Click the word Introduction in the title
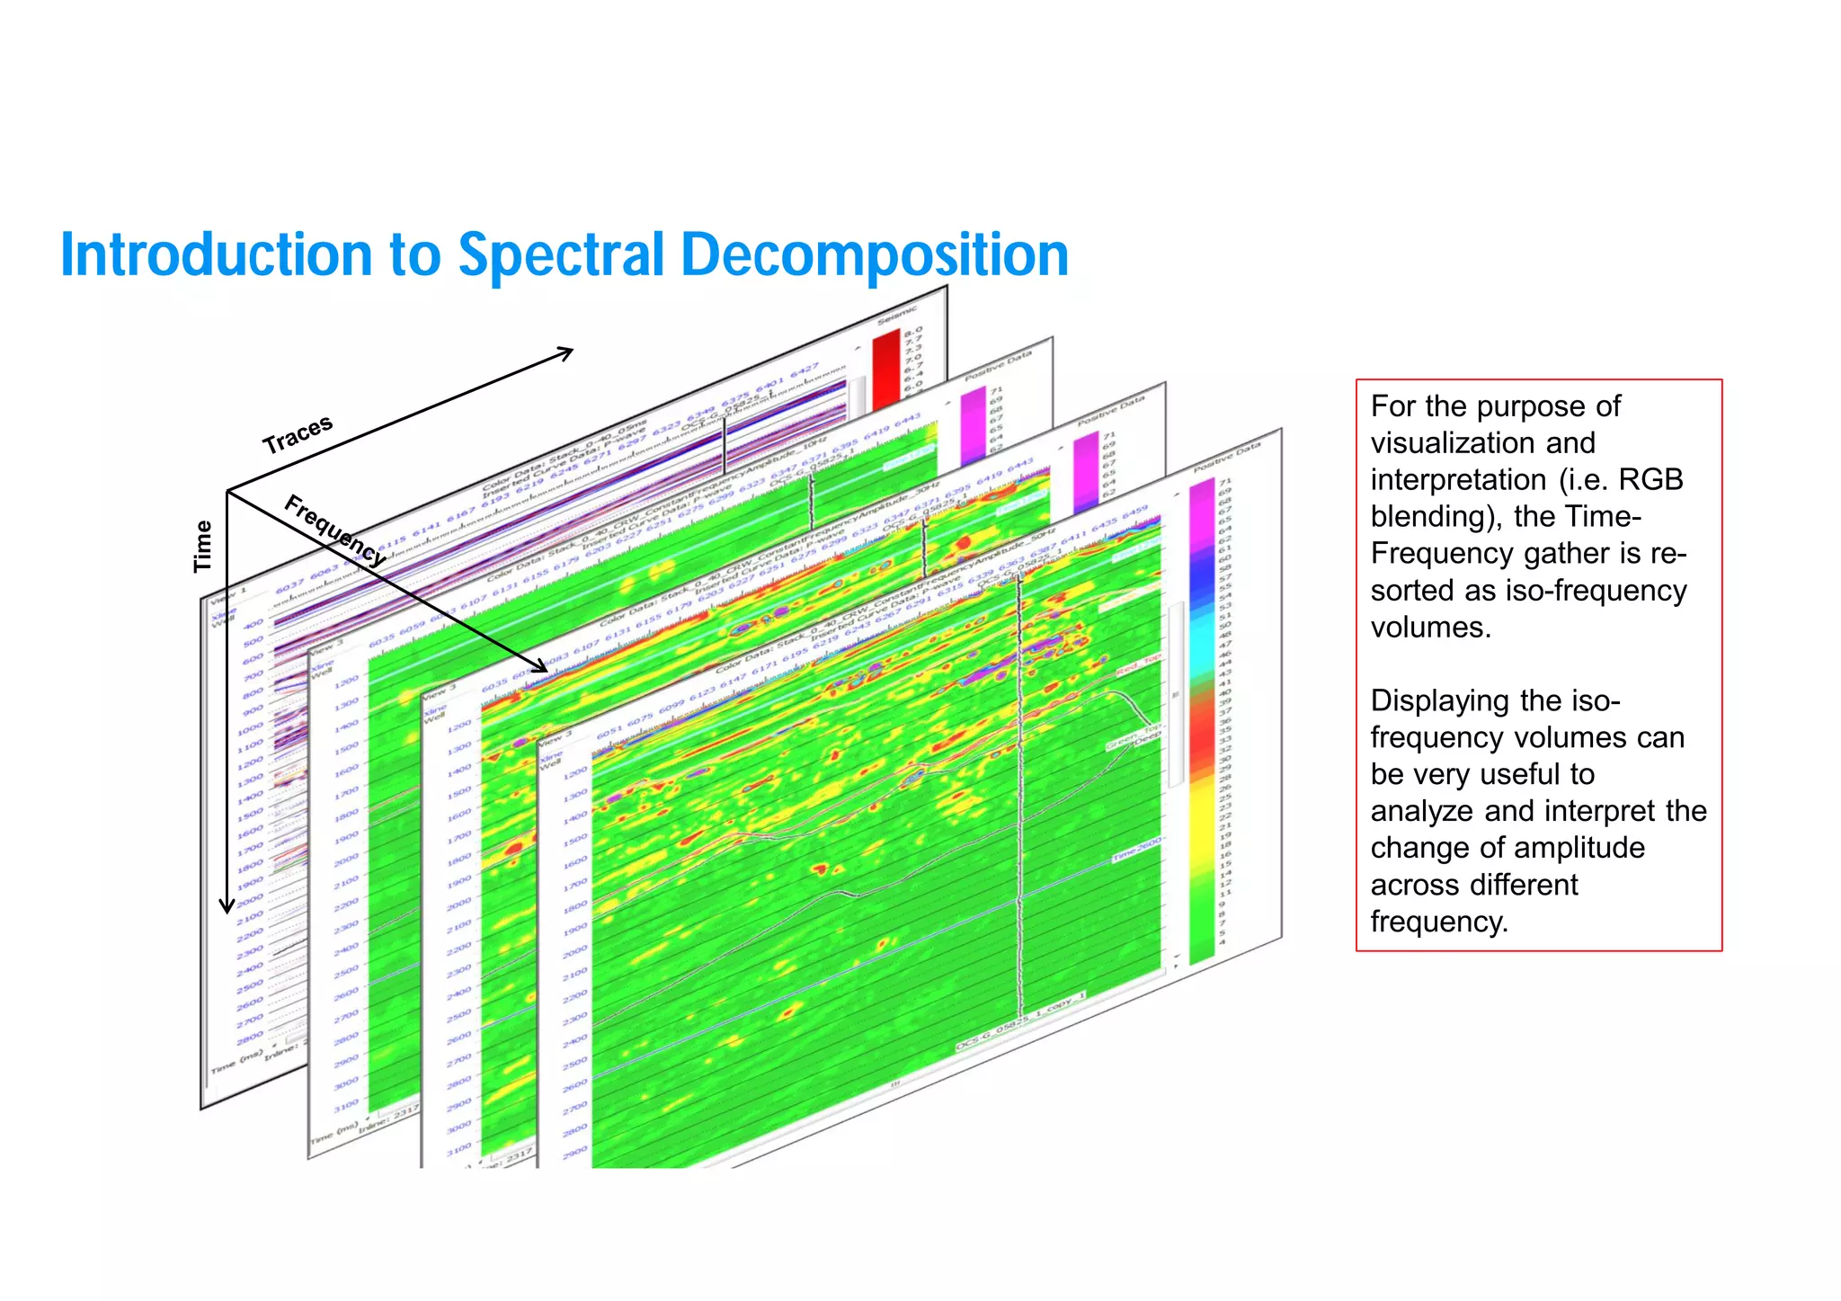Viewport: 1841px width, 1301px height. pyautogui.click(x=216, y=254)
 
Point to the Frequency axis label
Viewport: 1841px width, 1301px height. pyautogui.click(x=335, y=530)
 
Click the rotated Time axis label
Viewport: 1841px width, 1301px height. pyautogui.click(x=204, y=546)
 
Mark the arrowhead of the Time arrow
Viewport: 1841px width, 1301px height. pyautogui.click(x=227, y=906)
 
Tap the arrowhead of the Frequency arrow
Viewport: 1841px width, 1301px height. pyautogui.click(x=540, y=666)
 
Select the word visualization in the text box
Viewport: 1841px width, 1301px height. pyautogui.click(x=1482, y=442)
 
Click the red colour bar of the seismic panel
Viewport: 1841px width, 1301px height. pyautogui.click(x=886, y=369)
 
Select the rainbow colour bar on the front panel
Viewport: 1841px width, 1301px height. pyautogui.click(x=1202, y=719)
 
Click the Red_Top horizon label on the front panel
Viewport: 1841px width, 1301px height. pyautogui.click(x=1138, y=664)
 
